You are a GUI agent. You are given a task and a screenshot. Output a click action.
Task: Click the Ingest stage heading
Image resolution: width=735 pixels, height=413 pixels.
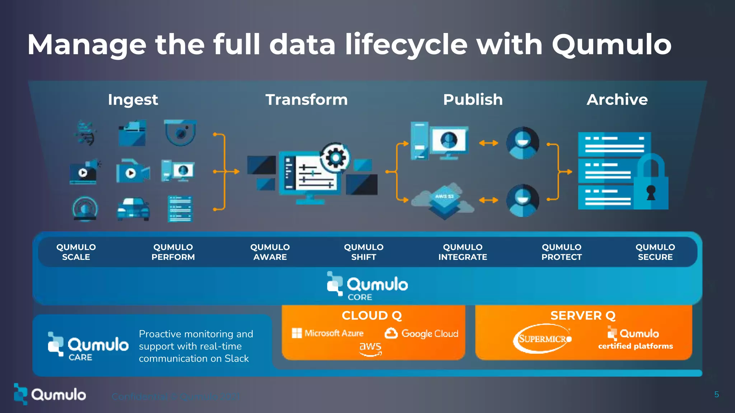click(133, 100)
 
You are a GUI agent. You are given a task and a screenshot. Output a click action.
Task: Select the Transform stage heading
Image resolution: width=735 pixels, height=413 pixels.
click(306, 100)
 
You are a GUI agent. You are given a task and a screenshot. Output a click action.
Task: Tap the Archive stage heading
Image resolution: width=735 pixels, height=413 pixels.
click(617, 100)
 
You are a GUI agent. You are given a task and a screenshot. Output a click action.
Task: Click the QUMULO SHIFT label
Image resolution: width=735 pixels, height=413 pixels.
click(364, 252)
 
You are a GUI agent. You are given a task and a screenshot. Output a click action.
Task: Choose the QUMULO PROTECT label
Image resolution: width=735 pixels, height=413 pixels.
click(561, 252)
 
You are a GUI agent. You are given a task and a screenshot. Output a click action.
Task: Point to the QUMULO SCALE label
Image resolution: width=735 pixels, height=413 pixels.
click(76, 252)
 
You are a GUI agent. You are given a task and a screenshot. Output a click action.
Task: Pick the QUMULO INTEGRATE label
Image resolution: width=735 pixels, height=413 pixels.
click(462, 252)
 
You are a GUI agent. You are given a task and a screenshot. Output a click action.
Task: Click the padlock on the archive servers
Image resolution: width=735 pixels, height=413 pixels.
click(651, 183)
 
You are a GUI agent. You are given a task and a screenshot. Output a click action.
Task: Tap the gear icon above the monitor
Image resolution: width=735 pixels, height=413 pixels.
click(335, 157)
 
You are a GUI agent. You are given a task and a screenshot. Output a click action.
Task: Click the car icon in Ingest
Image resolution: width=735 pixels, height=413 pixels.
click(133, 209)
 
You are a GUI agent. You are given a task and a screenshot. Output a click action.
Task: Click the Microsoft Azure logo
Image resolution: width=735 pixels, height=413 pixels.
click(328, 333)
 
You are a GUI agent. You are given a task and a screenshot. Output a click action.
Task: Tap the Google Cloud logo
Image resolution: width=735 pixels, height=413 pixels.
click(422, 333)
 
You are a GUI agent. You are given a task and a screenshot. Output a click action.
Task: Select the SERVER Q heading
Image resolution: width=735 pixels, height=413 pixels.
click(583, 315)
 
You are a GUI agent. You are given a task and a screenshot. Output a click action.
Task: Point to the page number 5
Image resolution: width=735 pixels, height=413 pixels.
click(716, 395)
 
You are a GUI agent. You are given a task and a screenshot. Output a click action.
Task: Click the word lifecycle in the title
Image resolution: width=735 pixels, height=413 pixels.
click(406, 45)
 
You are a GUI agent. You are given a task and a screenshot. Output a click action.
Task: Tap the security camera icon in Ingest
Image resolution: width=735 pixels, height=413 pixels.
click(180, 132)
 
